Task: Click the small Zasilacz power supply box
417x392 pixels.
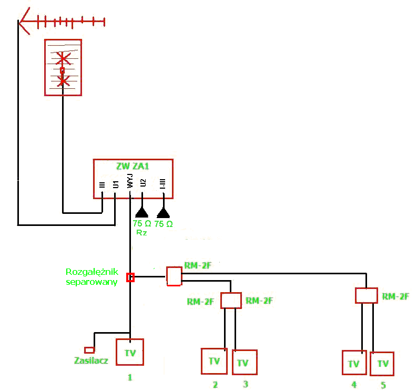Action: [x=89, y=350]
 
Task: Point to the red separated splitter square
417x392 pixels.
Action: [x=130, y=277]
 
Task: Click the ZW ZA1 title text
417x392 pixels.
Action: [x=133, y=166]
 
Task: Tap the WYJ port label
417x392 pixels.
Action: [x=130, y=181]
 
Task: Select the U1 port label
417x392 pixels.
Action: [x=116, y=184]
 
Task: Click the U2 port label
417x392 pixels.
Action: [x=143, y=183]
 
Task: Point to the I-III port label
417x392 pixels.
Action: [x=162, y=183]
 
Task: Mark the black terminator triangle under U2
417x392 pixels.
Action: [x=142, y=213]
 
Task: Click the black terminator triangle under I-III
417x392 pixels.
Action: [x=164, y=213]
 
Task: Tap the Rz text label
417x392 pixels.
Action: [x=141, y=233]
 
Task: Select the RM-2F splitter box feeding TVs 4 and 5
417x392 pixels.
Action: [x=367, y=295]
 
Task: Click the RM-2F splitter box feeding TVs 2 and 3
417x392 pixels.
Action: [x=231, y=301]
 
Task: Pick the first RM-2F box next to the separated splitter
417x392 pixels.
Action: [x=174, y=276]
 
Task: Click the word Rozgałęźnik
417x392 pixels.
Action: [x=92, y=272]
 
